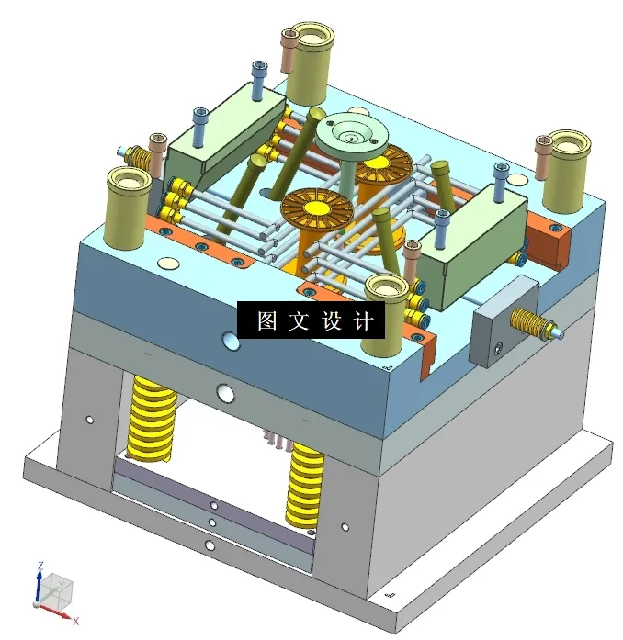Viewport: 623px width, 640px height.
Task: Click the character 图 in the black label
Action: [x=267, y=320]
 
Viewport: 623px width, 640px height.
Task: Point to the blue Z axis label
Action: [x=40, y=567]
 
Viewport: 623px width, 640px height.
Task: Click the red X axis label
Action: [x=75, y=621]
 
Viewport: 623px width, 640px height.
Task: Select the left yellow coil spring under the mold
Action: [x=152, y=419]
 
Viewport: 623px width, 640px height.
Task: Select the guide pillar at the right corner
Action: [x=564, y=171]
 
